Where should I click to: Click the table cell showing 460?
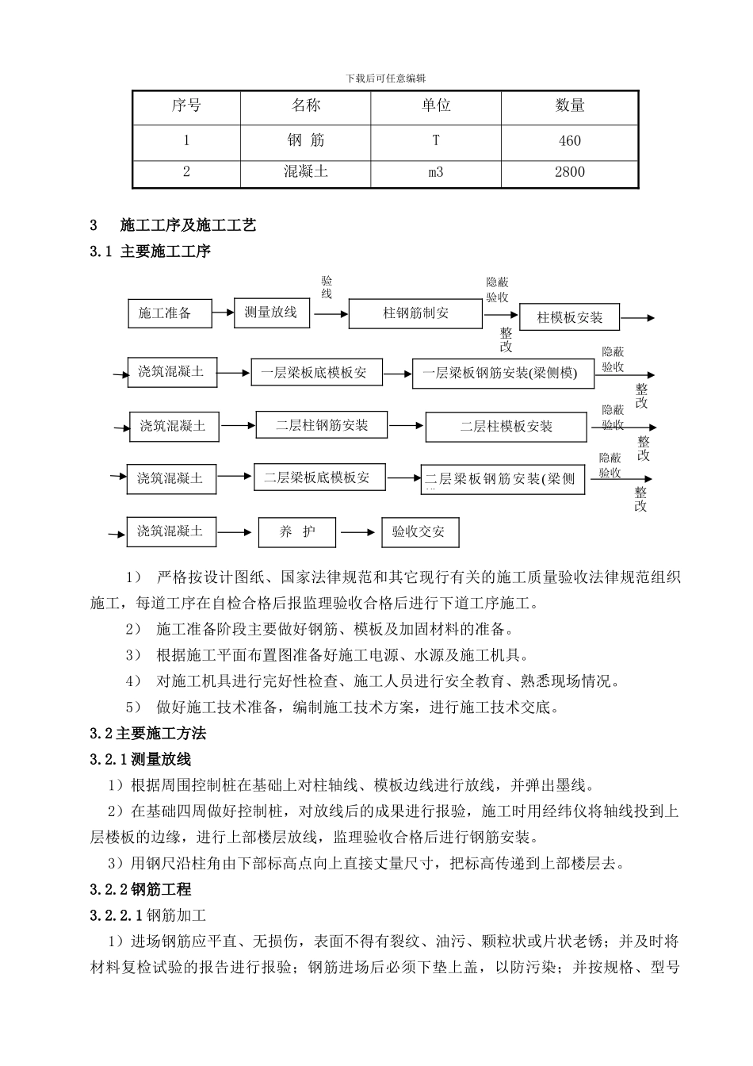pos(569,141)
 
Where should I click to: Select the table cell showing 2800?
pos(569,172)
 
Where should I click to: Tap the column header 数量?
pos(569,105)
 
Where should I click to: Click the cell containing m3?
pos(436,172)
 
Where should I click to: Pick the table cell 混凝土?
pos(305,172)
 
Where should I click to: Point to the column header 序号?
pos(186,105)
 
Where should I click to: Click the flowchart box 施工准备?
pos(170,313)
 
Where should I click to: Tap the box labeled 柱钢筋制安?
pos(415,313)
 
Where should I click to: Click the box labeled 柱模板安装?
pos(569,317)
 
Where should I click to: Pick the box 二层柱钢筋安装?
pos(322,425)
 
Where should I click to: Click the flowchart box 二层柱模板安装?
pos(506,427)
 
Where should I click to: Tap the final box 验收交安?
pos(419,532)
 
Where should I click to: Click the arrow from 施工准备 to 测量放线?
pos(223,313)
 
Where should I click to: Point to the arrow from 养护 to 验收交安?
pos(358,532)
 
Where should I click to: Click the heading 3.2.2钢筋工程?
pos(140,890)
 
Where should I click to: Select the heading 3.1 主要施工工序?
pos(150,252)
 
